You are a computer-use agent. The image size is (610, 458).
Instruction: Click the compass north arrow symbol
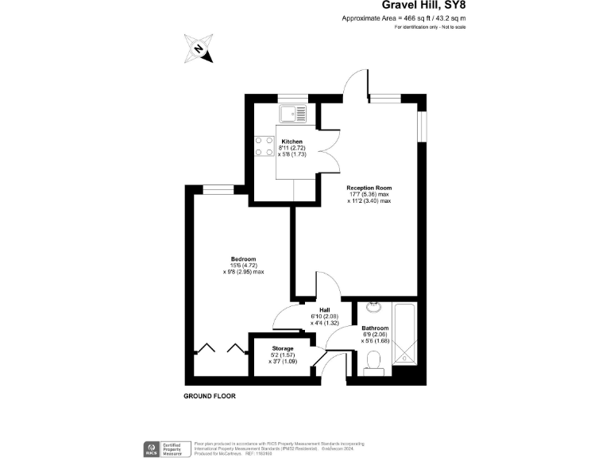pos(198,49)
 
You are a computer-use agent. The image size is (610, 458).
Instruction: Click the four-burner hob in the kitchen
pos(264,147)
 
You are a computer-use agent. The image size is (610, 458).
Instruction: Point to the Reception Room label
pos(369,188)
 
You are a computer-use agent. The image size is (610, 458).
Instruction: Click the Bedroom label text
pos(243,259)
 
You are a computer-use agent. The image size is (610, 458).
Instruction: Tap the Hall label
pos(325,311)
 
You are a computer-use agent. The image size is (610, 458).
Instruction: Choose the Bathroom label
pos(375,328)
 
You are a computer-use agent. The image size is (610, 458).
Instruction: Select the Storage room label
pos(283,348)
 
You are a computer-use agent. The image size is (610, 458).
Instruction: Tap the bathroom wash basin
pos(375,308)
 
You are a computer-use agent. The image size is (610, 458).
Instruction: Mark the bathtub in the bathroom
pos(408,334)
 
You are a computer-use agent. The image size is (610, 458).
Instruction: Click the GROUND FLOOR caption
pos(210,396)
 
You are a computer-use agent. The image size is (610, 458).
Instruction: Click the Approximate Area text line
pos(403,17)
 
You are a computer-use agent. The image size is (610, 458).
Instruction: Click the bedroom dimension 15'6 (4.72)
pos(243,266)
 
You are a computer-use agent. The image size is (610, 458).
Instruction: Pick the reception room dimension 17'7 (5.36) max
pos(369,194)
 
